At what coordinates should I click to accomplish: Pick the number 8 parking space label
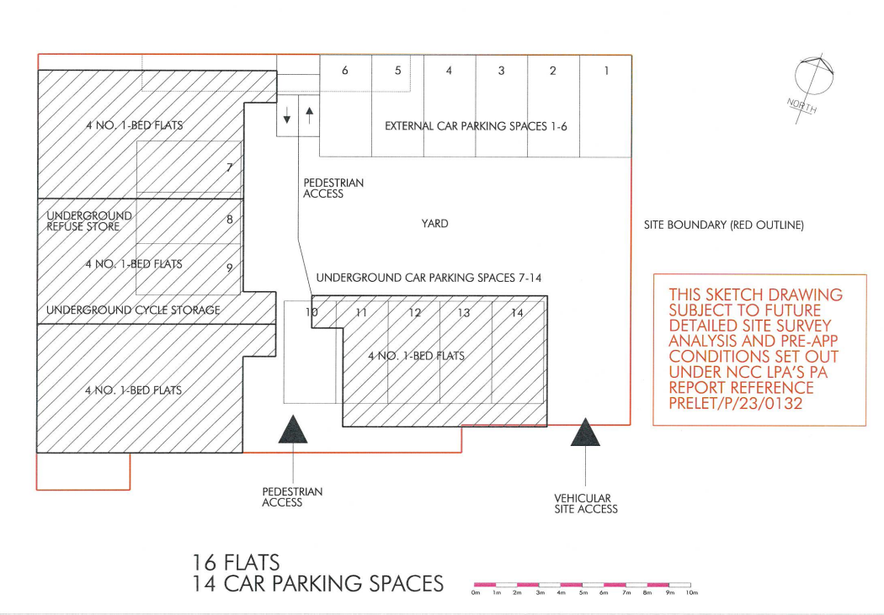click(x=230, y=219)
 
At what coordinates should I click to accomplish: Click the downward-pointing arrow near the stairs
click(x=287, y=115)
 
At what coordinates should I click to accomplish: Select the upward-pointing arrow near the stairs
click(x=309, y=115)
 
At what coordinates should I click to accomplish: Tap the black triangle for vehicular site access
click(x=585, y=432)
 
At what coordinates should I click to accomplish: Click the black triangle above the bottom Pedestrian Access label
click(x=293, y=430)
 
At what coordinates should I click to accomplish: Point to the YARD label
click(x=434, y=224)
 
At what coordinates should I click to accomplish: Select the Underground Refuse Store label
click(x=89, y=220)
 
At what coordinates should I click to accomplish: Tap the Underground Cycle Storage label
click(x=133, y=310)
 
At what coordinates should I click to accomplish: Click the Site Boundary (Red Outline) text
click(x=724, y=225)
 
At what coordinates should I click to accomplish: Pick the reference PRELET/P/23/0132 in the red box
click(x=735, y=403)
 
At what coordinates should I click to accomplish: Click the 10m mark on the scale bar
click(x=692, y=592)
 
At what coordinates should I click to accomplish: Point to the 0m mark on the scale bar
click(x=476, y=592)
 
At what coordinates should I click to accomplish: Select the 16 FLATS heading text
click(x=236, y=563)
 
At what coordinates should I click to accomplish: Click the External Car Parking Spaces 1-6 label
click(x=476, y=126)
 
